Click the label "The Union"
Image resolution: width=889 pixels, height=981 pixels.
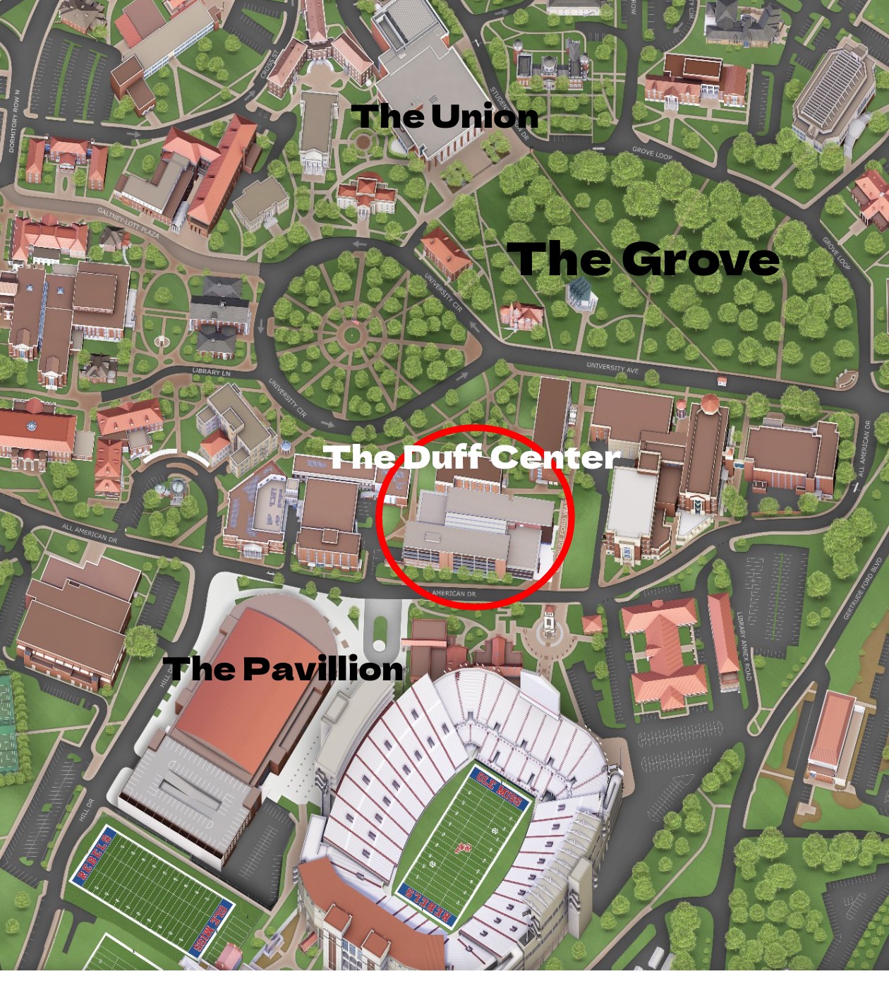[x=445, y=116]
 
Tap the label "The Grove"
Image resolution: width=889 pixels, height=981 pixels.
[x=647, y=259]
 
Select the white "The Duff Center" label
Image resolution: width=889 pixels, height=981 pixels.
[x=474, y=457]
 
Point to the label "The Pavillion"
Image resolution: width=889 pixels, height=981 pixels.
[x=283, y=668]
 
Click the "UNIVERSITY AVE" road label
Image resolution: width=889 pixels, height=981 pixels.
[x=612, y=368]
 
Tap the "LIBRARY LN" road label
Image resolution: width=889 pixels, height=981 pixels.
[x=211, y=371]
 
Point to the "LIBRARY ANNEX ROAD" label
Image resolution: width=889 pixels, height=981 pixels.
[x=744, y=646]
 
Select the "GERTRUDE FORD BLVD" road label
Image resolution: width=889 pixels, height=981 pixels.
[x=862, y=589]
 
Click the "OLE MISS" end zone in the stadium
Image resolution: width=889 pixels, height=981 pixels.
[x=500, y=788]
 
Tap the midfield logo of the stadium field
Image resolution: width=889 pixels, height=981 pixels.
[x=464, y=845]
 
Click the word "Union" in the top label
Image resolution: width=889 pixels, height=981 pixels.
[x=484, y=116]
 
